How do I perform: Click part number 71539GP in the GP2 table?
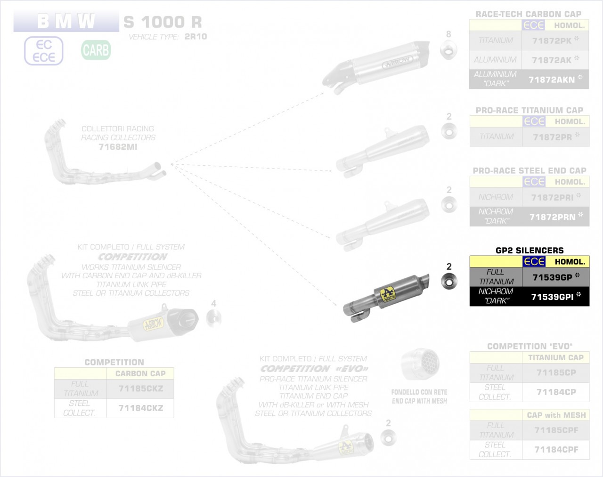(552, 277)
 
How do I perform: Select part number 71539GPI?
(552, 297)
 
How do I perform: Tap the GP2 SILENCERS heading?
(530, 251)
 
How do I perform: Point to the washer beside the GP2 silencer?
(448, 281)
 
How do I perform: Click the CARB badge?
(96, 50)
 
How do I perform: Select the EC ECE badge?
(43, 51)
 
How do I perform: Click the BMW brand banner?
(66, 21)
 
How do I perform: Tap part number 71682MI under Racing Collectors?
(118, 147)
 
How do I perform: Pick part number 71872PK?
(552, 41)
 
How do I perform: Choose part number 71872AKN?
(552, 80)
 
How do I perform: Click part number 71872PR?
(552, 137)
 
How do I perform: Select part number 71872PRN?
(552, 217)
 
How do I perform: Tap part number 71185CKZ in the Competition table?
(140, 389)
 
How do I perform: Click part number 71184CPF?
(556, 450)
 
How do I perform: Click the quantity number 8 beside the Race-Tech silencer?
(448, 34)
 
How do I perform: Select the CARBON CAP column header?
(140, 374)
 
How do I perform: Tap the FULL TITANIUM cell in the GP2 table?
(496, 277)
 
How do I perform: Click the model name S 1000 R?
(163, 22)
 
